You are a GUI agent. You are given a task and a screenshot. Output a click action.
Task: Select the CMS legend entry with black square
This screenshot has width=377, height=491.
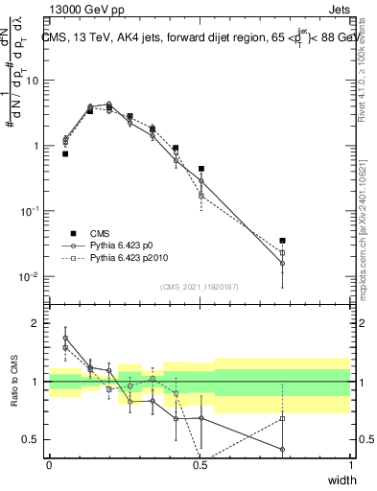tap(85, 233)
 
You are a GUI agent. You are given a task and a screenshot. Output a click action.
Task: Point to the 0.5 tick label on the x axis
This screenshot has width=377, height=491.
tap(200, 465)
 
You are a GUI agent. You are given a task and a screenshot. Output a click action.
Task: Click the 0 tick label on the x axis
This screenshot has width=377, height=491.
tap(49, 465)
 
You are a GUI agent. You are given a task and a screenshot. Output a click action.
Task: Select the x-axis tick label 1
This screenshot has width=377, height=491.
tap(350, 465)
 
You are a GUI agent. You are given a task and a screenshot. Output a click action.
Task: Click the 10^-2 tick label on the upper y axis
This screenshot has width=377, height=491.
tap(30, 276)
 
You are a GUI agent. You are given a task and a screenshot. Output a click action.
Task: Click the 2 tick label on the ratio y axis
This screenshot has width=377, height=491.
tap(35, 323)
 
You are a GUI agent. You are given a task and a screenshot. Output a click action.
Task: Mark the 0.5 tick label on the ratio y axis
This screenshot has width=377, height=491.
tap(32, 440)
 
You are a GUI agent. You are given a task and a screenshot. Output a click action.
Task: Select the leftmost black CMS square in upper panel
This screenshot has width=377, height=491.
tap(65, 153)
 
